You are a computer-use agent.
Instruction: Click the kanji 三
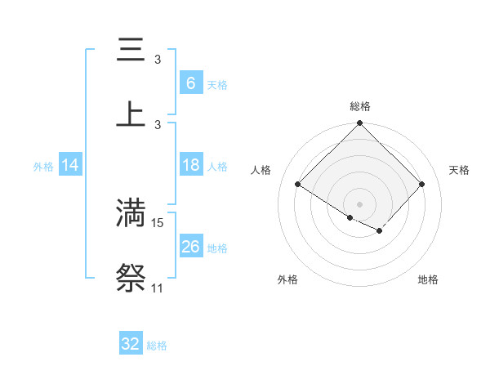[x=131, y=51]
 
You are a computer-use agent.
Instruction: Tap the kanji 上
[x=131, y=114]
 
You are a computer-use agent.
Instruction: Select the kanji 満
[x=131, y=212]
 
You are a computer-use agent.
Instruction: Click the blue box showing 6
[x=190, y=83]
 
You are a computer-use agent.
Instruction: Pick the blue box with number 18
[x=190, y=166]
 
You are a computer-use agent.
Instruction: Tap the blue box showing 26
[x=190, y=247]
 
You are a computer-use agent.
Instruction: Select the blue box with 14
[x=70, y=166]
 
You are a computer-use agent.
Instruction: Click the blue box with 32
[x=130, y=344]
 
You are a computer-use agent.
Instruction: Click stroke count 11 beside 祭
[x=157, y=288]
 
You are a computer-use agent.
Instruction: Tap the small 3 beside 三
[x=158, y=60]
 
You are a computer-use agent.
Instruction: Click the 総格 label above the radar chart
[x=360, y=106]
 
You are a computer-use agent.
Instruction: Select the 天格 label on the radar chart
[x=460, y=170]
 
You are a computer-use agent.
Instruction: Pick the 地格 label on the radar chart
[x=428, y=279]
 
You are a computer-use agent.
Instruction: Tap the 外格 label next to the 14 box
[x=43, y=167]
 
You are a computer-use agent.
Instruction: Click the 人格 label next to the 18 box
[x=217, y=167]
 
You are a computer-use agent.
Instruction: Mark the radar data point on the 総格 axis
[x=360, y=123]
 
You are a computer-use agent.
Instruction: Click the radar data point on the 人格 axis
[x=298, y=185]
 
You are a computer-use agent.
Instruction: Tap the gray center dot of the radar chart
[x=360, y=203]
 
